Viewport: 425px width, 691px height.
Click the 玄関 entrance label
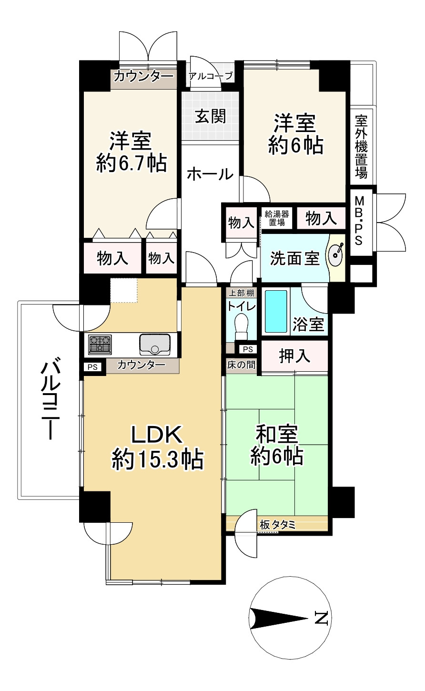tap(210, 116)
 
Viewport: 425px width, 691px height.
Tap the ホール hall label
tap(210, 174)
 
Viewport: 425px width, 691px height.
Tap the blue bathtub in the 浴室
tap(276, 311)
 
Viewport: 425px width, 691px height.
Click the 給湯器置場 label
tap(277, 218)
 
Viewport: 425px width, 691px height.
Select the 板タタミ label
tap(278, 525)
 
